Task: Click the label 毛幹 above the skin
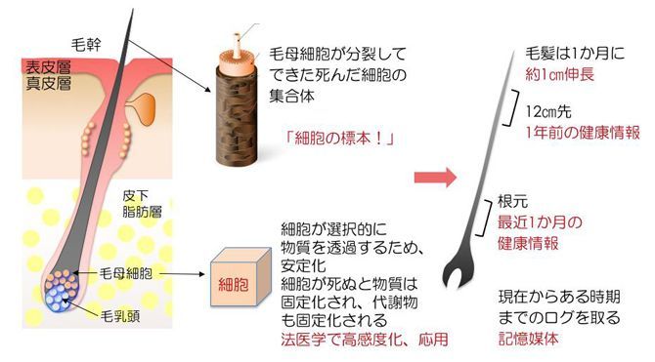pyautogui.click(x=86, y=44)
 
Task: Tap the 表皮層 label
pyautogui.click(x=48, y=67)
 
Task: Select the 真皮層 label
pyautogui.click(x=48, y=83)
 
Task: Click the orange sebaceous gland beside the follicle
pyautogui.click(x=143, y=108)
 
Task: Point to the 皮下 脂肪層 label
pyautogui.click(x=142, y=204)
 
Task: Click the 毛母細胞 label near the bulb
pyautogui.click(x=126, y=273)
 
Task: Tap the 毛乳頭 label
pyautogui.click(x=120, y=316)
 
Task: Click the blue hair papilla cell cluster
pyautogui.click(x=58, y=300)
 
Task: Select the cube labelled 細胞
pyautogui.click(x=240, y=276)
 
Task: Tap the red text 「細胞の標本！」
pyautogui.click(x=339, y=139)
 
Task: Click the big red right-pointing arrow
pyautogui.click(x=435, y=178)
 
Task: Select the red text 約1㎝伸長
pyautogui.click(x=559, y=75)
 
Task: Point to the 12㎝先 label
pyautogui.click(x=548, y=112)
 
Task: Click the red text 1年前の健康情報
pyautogui.click(x=583, y=133)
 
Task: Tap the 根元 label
pyautogui.click(x=512, y=201)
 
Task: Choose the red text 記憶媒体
pyautogui.click(x=529, y=339)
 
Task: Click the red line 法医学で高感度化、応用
pyautogui.click(x=365, y=339)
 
